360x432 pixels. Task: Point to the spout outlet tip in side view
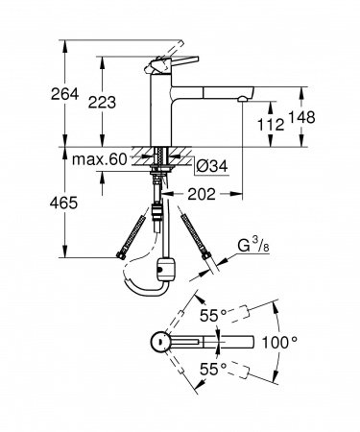click(246, 99)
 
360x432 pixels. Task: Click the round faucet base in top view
click(158, 343)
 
